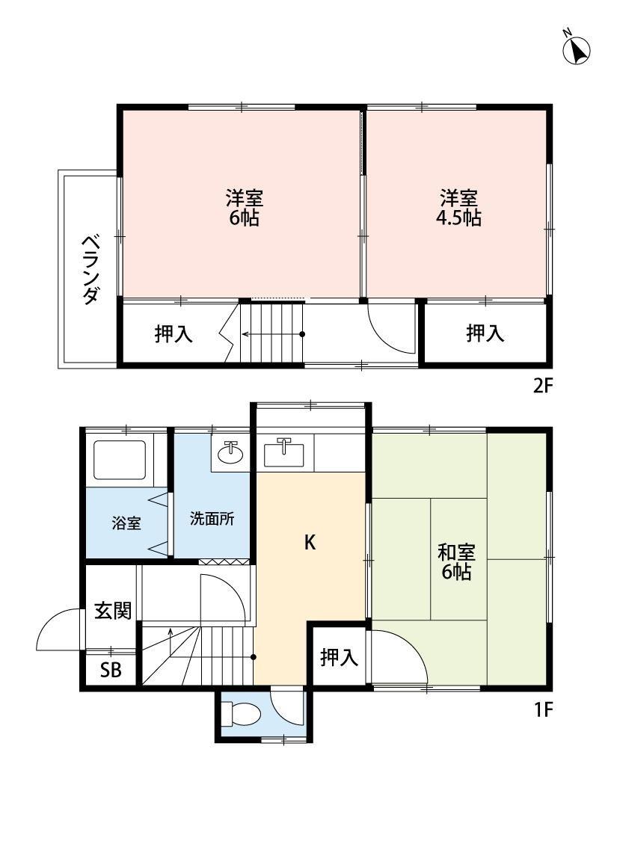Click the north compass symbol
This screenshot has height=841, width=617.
tap(577, 49)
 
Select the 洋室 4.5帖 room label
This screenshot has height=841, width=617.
tap(458, 209)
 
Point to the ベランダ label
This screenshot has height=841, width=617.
tap(90, 268)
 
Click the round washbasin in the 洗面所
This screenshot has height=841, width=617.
tap(231, 452)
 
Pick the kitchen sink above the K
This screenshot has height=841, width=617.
tap(284, 452)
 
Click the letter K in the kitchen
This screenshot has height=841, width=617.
tap(309, 543)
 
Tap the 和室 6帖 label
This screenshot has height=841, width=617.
tap(457, 562)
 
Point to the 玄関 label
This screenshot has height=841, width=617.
tap(112, 611)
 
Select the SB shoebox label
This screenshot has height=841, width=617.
tap(111, 671)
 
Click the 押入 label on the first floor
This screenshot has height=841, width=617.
tap(339, 658)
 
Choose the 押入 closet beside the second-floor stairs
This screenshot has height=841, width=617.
tap(174, 334)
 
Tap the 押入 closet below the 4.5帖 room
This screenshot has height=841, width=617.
tap(485, 333)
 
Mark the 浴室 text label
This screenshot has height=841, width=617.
tap(126, 523)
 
